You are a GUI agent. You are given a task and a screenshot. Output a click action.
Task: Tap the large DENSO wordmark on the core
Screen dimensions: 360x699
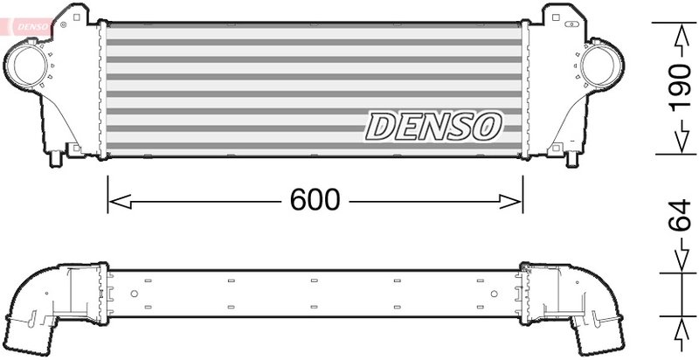coord(433,127)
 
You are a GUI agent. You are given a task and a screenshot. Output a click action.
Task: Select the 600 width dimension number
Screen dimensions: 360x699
coord(315,201)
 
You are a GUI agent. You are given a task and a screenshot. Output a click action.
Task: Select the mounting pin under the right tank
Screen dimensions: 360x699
coord(573,161)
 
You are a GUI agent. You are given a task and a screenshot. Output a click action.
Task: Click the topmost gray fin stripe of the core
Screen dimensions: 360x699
coord(315,25)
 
